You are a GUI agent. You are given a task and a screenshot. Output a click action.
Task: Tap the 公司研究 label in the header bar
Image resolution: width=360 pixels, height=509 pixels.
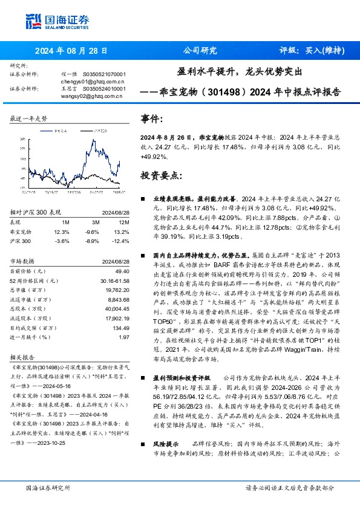pos(199,51)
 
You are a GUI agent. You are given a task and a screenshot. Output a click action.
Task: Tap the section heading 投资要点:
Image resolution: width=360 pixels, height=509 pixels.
pos(160,175)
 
